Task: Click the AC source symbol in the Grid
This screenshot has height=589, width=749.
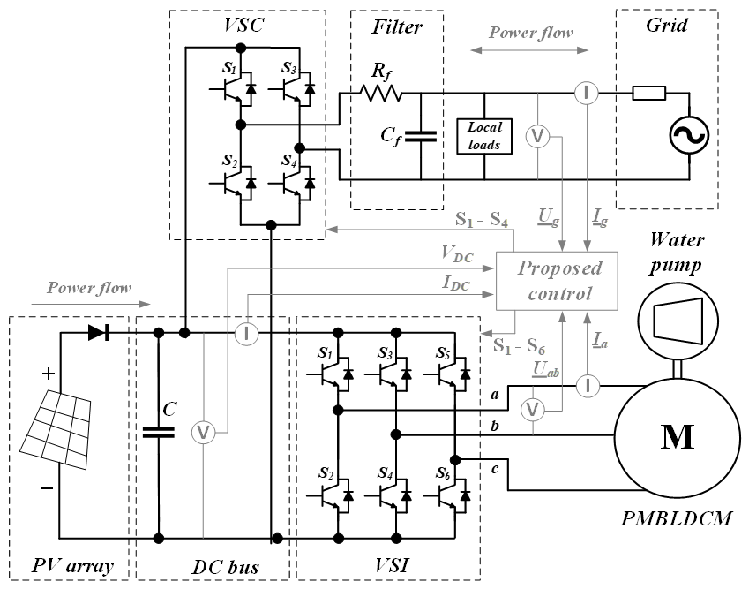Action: point(685,135)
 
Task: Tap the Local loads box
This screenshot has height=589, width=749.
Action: point(485,135)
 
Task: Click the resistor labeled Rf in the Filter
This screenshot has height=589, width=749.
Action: point(379,92)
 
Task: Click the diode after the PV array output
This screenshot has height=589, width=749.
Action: point(99,333)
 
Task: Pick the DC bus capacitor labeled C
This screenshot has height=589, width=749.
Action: point(160,433)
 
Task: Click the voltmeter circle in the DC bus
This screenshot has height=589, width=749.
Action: point(203,433)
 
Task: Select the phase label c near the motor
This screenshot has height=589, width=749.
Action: point(495,467)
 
